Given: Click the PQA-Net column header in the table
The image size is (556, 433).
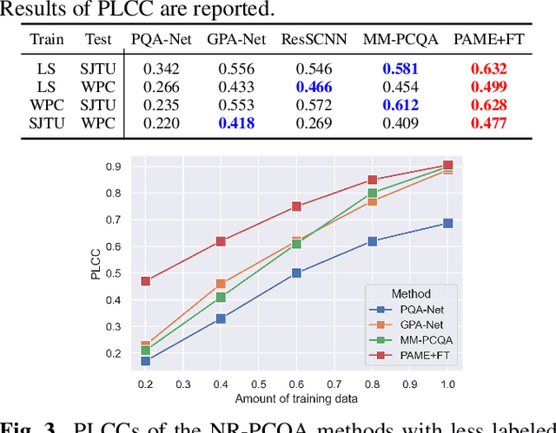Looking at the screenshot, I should [161, 39].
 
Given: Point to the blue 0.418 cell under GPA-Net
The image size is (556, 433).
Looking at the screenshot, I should [237, 123].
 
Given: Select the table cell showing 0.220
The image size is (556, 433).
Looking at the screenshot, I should [161, 123].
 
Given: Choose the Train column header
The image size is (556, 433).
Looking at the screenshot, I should [47, 39].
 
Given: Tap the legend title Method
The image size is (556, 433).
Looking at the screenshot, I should [410, 294].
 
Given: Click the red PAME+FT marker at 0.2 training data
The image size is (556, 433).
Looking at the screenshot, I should [145, 281].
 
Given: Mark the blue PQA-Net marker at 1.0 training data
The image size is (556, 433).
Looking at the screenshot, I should [447, 223].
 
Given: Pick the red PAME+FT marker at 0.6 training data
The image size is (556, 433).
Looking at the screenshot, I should [296, 207].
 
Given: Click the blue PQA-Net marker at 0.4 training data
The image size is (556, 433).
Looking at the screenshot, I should [221, 318].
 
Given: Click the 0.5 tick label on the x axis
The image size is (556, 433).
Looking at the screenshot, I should [258, 383].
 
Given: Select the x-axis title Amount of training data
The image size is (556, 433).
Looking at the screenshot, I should [296, 398].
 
